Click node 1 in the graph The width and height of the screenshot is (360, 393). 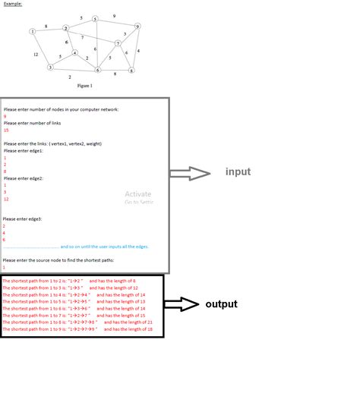pyautogui.click(x=33, y=31)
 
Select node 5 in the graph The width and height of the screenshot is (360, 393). pyautogui.click(x=95, y=19)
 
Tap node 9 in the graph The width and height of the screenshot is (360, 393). pyautogui.click(x=137, y=27)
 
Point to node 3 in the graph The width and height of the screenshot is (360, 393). pyautogui.click(x=50, y=67)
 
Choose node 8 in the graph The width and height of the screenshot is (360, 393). pyautogui.click(x=131, y=71)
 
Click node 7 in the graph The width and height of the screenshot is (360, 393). pyautogui.click(x=118, y=43)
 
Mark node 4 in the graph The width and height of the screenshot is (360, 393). pyautogui.click(x=74, y=53)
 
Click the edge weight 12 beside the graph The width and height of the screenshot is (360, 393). pyautogui.click(x=36, y=55)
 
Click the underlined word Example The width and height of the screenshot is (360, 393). pyautogui.click(x=14, y=4)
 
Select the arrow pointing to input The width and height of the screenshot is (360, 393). pyautogui.click(x=189, y=174)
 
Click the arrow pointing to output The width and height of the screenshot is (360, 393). pyautogui.click(x=180, y=304)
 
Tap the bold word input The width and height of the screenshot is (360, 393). pyautogui.click(x=238, y=172)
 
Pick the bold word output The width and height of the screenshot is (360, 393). pyautogui.click(x=221, y=304)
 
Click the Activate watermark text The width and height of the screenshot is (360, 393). pyautogui.click(x=138, y=194)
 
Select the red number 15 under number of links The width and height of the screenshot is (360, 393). pyautogui.click(x=6, y=130)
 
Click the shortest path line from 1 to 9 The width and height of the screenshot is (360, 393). pyautogui.click(x=77, y=329)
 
